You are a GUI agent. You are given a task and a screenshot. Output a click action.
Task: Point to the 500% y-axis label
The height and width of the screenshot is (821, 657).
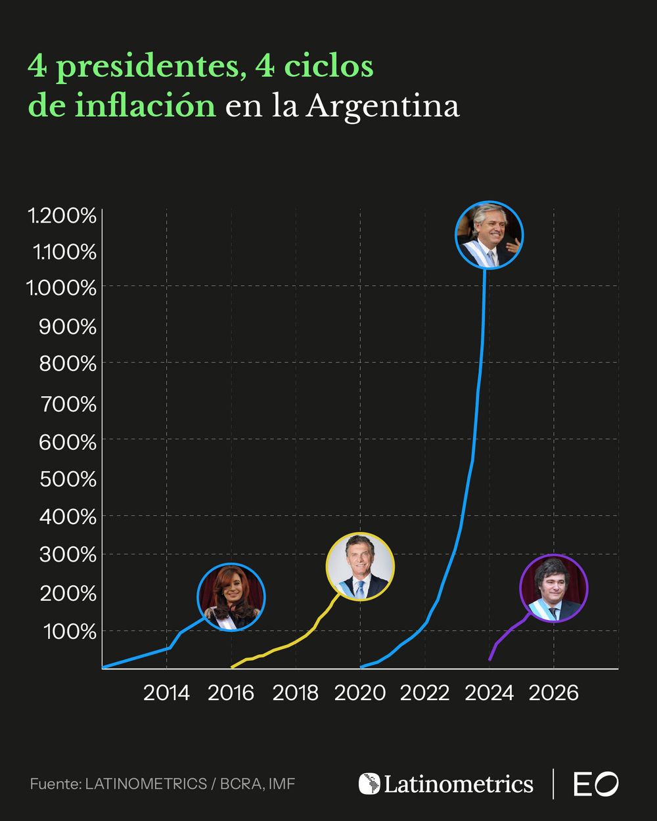pos(68,479)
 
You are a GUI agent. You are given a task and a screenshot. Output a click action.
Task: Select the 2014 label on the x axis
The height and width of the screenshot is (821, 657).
pos(166,693)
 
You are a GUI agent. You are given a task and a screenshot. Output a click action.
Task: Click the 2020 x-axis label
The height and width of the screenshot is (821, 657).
pos(360,693)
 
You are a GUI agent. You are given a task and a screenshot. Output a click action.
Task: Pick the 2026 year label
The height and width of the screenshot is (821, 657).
pos(553,693)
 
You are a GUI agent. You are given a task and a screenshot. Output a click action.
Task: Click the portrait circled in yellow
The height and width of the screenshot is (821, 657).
pos(360,567)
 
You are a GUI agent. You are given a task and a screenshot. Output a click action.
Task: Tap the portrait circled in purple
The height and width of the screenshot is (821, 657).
pos(553,588)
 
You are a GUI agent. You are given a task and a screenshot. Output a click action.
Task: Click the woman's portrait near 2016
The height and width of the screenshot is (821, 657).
pos(231,596)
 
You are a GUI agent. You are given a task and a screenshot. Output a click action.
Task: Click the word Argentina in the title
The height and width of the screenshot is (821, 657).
pos(382,106)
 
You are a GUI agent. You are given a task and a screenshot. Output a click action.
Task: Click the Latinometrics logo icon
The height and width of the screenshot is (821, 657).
pos(369,784)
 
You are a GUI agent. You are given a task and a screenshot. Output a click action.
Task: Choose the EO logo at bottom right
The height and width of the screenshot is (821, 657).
pos(596,784)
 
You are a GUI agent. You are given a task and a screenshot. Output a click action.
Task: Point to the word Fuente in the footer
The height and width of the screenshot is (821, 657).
pos(53,784)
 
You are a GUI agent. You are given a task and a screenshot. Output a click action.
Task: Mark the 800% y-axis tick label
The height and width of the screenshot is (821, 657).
pos(68,363)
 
